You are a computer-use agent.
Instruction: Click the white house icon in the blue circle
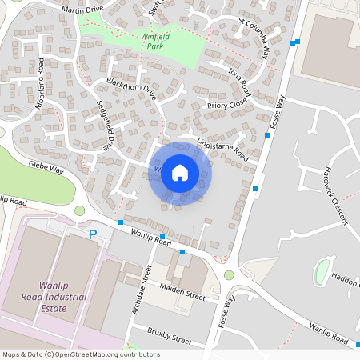pos(180,173)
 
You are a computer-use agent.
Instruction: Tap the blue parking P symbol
pos(93,234)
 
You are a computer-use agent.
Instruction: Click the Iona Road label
pos(238,82)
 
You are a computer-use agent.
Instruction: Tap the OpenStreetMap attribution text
pos(80,354)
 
